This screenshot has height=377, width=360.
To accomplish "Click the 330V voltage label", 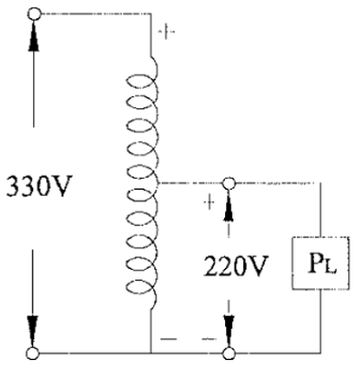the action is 40,186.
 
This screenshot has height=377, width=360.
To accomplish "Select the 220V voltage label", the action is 236,266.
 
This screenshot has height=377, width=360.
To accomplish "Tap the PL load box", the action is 320,263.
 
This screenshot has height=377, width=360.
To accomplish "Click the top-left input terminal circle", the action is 34,13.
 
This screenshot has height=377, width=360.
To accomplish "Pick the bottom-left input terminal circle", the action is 33,354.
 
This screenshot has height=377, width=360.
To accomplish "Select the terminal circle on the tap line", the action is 229,183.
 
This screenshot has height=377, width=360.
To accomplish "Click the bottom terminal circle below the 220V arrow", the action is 229,354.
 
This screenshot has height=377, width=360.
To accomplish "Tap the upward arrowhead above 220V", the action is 229,205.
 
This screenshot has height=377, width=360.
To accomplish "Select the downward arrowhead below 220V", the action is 229,331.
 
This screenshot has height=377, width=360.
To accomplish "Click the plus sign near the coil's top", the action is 166,31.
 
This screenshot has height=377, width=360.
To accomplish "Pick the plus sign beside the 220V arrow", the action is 210,202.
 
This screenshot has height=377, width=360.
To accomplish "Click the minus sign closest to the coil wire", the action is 168,339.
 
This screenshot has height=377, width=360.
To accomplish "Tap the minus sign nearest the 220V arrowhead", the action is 209,339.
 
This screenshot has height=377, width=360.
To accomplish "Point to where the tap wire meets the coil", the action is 158,183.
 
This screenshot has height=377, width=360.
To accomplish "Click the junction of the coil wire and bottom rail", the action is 150,354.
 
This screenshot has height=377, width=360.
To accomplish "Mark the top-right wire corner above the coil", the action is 150,13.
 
